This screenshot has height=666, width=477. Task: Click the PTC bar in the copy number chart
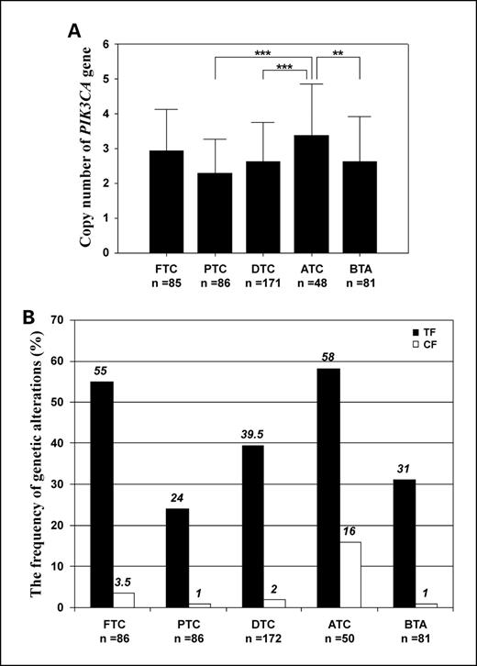click(215, 213)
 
